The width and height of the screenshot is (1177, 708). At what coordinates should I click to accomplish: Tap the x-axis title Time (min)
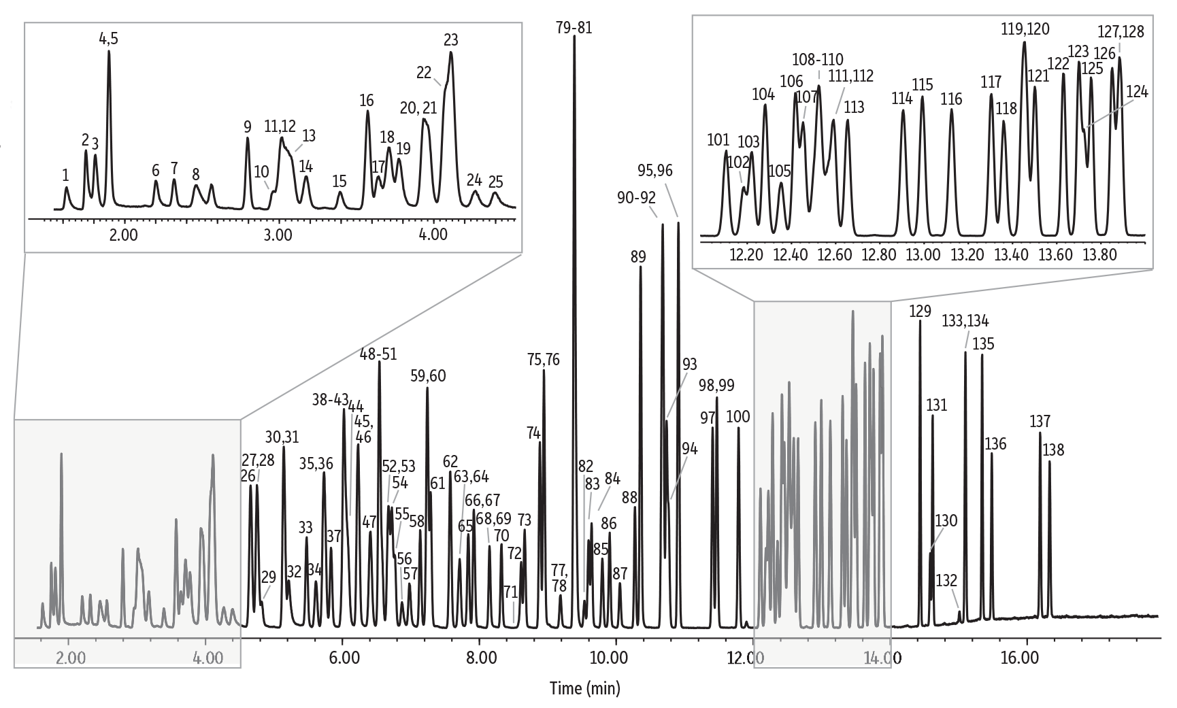[x=584, y=688]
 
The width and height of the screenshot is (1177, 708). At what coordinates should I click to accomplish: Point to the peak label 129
[x=920, y=311]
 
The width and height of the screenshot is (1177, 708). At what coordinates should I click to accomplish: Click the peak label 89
[x=638, y=256]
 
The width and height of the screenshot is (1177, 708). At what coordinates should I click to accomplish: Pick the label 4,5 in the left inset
[x=109, y=39]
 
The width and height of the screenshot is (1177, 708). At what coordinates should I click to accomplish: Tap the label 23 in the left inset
[x=450, y=40]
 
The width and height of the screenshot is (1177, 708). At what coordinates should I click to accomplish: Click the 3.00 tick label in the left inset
[x=278, y=235]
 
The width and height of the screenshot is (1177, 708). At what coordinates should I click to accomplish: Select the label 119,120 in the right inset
[x=1025, y=29]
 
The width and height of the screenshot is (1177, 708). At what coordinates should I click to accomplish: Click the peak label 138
[x=1053, y=450]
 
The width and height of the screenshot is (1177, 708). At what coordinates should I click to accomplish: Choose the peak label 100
[x=738, y=416]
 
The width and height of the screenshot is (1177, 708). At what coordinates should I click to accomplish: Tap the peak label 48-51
[x=378, y=354]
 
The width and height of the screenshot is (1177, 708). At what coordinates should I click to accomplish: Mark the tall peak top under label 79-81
[x=574, y=37]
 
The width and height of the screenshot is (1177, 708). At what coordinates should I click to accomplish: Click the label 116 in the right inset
[x=951, y=99]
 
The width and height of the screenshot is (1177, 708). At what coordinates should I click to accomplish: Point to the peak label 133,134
[x=965, y=321]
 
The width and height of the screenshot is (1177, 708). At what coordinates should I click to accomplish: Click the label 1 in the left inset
[x=65, y=175]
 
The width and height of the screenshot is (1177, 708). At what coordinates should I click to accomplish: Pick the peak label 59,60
[x=428, y=375]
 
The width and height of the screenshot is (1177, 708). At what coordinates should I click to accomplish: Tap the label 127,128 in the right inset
[x=1121, y=31]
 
